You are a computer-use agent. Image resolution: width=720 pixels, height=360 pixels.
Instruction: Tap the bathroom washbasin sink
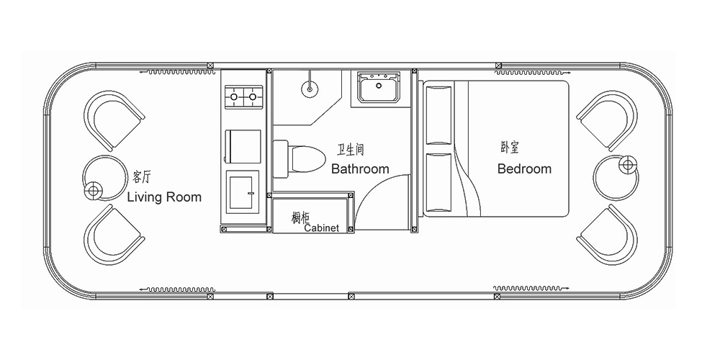click(379, 87)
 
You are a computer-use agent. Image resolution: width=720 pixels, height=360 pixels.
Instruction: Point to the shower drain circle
click(310, 89)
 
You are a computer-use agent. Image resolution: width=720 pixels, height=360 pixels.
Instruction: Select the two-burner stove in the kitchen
click(243, 96)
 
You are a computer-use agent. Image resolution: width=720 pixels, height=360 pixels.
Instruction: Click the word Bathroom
click(360, 169)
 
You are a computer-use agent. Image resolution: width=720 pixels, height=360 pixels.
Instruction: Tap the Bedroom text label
click(524, 169)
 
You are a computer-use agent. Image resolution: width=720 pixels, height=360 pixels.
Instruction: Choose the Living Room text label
click(164, 197)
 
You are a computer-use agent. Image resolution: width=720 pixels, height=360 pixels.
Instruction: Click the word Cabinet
click(322, 228)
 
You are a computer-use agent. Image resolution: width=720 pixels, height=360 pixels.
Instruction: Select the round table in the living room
click(106, 178)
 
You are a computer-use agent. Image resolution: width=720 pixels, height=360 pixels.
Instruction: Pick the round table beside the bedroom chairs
click(616, 178)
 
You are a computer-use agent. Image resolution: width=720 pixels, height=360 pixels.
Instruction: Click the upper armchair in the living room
click(113, 120)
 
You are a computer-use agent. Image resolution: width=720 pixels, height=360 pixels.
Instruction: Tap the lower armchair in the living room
click(113, 235)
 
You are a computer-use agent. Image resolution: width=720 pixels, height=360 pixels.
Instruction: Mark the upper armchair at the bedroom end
click(608, 120)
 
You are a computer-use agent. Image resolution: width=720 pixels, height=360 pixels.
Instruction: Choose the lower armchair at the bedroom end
click(608, 235)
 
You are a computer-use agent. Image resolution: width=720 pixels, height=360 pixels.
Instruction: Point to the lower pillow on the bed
click(438, 183)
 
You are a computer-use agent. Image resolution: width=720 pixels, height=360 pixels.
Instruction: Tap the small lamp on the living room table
click(93, 190)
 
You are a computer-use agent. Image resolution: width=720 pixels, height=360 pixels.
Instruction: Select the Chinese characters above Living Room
click(141, 177)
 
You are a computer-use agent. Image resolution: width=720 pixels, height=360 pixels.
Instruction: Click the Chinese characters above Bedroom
click(510, 148)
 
